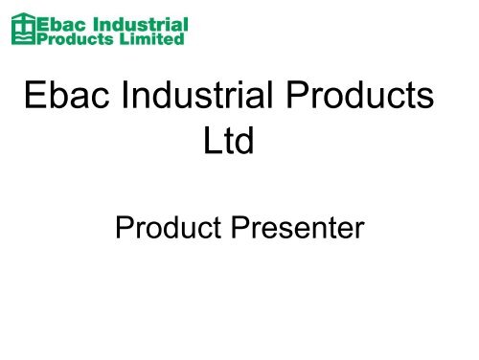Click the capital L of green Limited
coord(121,39)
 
